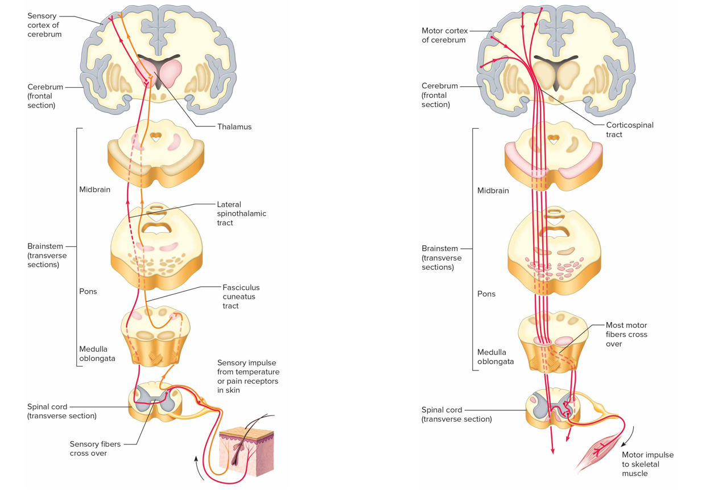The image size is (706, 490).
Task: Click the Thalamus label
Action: click(234, 127)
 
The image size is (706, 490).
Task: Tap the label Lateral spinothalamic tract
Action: click(241, 213)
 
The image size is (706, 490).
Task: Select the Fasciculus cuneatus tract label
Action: click(241, 297)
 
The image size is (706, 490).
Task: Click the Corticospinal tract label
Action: click(629, 130)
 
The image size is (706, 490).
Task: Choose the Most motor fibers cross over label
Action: click(626, 335)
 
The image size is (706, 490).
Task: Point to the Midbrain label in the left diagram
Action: click(94, 190)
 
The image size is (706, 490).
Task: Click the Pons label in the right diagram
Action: click(486, 294)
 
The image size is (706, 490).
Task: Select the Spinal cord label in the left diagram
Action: click(61, 411)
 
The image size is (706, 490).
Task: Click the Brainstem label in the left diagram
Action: click(47, 256)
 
